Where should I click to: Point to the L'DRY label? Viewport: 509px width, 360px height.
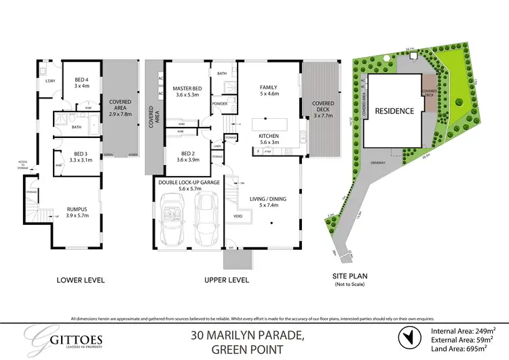(50, 82)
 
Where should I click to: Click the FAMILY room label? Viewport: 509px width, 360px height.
(269, 87)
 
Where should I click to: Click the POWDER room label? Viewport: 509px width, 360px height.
(219, 104)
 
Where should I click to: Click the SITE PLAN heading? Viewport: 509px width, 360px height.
(347, 276)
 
